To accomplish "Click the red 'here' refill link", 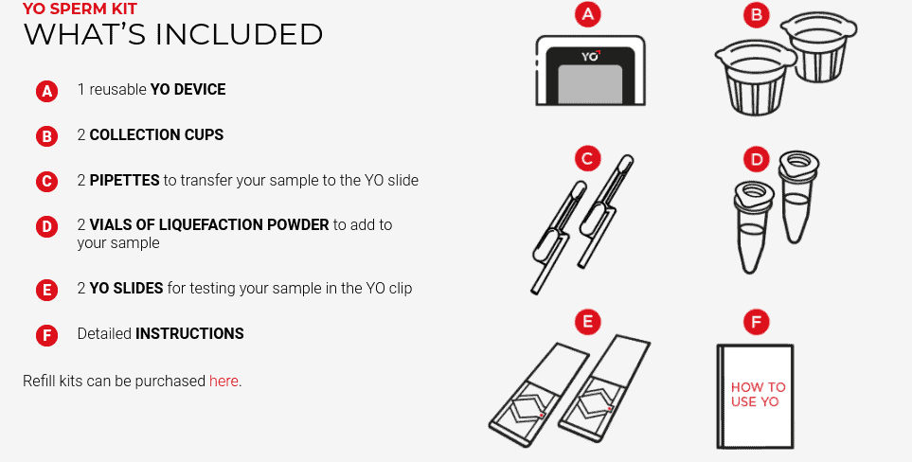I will pyautogui.click(x=224, y=381).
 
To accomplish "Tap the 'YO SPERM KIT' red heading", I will pyautogui.click(x=80, y=9).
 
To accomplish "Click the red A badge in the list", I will pyautogui.click(x=46, y=91).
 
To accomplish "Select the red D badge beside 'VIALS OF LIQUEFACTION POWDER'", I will pyautogui.click(x=46, y=226).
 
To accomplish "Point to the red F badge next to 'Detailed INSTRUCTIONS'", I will pyautogui.click(x=46, y=335).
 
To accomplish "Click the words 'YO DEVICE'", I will pyautogui.click(x=188, y=90).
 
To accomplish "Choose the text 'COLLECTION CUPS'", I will pyautogui.click(x=156, y=134).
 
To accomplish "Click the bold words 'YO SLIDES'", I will pyautogui.click(x=127, y=288).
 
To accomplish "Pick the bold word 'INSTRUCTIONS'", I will pyautogui.click(x=189, y=333).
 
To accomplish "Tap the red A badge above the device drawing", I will pyautogui.click(x=589, y=14).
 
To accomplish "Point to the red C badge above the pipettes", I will pyautogui.click(x=589, y=157).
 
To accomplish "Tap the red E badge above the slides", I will pyautogui.click(x=589, y=322).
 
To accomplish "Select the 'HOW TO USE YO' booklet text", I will pyautogui.click(x=758, y=394).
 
